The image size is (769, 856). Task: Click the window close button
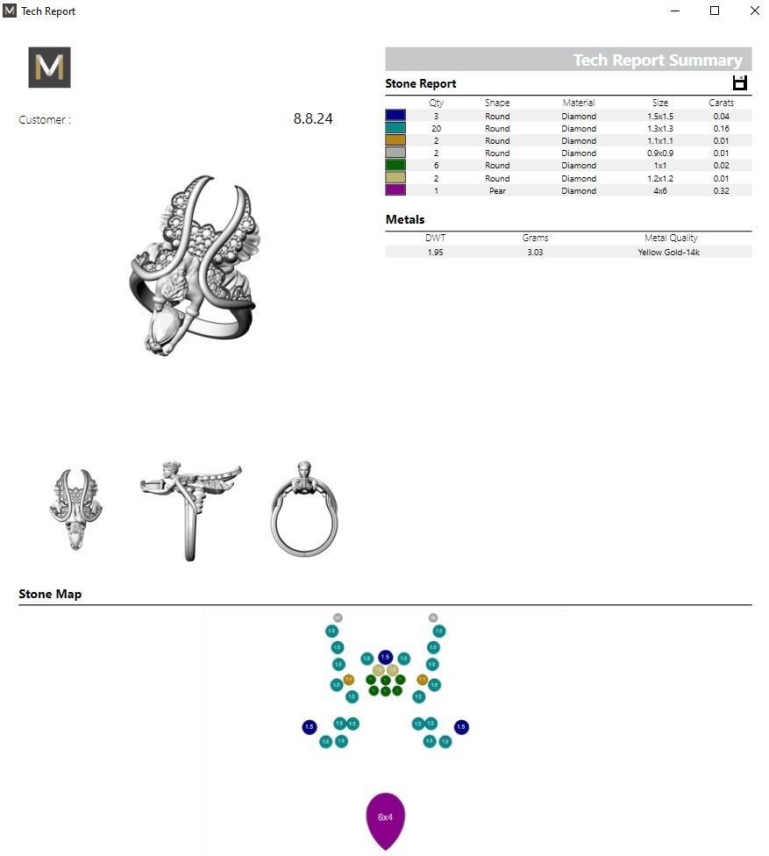(x=754, y=11)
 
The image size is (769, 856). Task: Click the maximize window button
(x=715, y=11)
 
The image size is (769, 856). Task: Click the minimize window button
(x=675, y=11)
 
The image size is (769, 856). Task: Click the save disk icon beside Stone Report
(x=739, y=83)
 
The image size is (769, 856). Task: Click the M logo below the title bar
(x=49, y=68)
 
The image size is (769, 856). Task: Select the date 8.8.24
(x=313, y=119)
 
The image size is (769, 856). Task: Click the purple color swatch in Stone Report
(x=395, y=190)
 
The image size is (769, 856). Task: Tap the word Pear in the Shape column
(x=497, y=190)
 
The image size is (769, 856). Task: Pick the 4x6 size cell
(x=660, y=190)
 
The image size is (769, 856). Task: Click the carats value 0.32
(x=721, y=190)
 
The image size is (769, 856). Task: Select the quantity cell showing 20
(x=436, y=128)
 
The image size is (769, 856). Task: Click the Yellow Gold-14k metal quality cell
(x=668, y=252)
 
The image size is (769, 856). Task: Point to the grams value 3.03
(x=535, y=252)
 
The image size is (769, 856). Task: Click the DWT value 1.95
(x=435, y=252)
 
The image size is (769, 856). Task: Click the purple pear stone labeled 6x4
(x=385, y=819)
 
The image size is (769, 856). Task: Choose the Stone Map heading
(x=50, y=594)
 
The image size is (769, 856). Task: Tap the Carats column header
(x=721, y=103)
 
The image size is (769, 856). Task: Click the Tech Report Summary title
(x=657, y=60)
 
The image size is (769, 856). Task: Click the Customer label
(x=45, y=120)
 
